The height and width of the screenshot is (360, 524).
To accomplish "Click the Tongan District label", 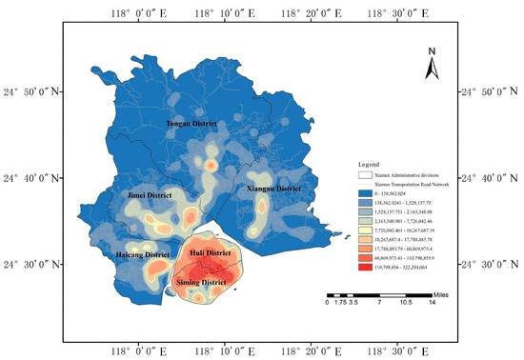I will point(191,125).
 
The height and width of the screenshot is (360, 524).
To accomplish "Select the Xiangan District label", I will point(274,189).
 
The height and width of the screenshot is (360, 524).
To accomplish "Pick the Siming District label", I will point(202,283).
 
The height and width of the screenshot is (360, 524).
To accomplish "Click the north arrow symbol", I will point(432,64).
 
